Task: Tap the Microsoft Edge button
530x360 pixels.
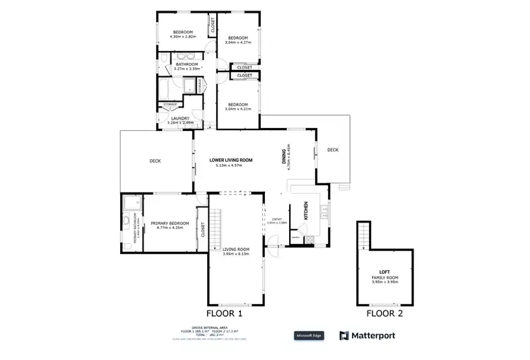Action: (x=309, y=335)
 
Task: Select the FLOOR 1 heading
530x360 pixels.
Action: (x=224, y=313)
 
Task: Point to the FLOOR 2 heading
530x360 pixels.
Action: (x=384, y=313)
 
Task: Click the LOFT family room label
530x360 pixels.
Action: (x=385, y=274)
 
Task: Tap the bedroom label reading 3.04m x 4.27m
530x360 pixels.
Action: (x=237, y=40)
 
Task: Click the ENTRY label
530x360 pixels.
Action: (x=276, y=220)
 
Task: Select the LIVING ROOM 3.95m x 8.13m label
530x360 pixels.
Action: (x=236, y=251)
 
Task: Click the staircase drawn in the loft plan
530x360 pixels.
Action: (x=364, y=235)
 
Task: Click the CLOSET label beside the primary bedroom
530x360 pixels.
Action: (x=202, y=230)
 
